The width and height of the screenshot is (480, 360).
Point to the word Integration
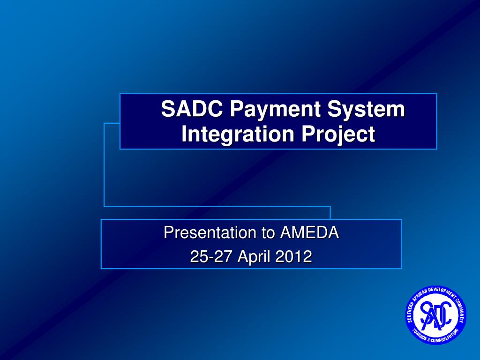coord(238,135)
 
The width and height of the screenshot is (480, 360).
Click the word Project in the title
coord(338,135)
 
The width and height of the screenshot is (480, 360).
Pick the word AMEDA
coord(309,232)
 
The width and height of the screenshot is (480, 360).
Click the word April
coord(255,257)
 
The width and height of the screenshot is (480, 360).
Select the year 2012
coord(293,256)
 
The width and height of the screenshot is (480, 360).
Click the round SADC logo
coord(436,315)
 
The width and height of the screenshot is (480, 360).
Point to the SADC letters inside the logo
coord(436,315)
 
